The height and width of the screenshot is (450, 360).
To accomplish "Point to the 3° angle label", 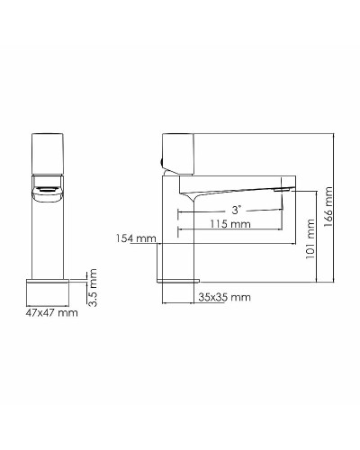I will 236,209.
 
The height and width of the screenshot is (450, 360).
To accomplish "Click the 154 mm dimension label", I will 137,238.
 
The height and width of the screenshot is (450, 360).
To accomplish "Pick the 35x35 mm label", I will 224,296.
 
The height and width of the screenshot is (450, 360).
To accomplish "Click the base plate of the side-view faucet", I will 179,281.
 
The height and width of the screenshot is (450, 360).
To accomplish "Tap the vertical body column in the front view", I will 49,234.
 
